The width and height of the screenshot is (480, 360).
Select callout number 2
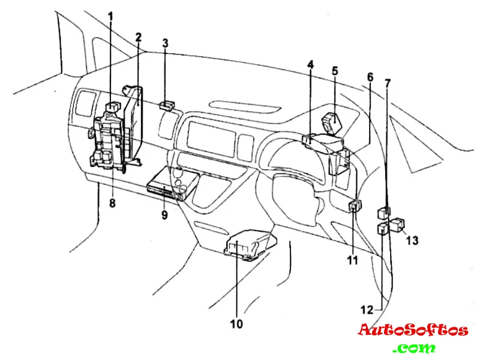138,37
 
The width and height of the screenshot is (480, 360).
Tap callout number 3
166,43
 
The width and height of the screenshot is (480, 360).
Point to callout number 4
311,65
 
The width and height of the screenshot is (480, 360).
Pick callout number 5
335,71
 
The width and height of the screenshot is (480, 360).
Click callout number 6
370,77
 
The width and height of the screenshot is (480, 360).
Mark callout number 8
112,203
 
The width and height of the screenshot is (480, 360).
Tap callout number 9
164,214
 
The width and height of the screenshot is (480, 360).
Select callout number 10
236,324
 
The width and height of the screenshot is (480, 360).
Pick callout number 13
412,241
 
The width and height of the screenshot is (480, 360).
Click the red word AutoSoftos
413,330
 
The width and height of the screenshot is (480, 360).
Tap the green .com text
414,347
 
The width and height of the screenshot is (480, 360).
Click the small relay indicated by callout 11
354,206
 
